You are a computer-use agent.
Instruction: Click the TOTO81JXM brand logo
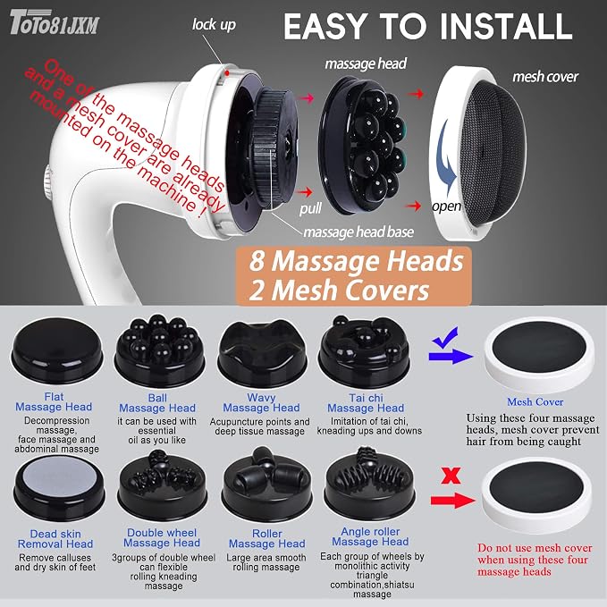tap(55, 22)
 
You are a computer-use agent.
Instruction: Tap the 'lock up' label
tap(214, 25)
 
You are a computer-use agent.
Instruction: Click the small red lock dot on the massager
tap(227, 72)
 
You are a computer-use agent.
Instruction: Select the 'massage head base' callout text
tap(358, 232)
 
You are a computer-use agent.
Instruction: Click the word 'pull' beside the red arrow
tap(310, 208)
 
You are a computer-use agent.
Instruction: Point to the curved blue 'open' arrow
tap(446, 159)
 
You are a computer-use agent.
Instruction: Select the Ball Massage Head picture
tap(160, 350)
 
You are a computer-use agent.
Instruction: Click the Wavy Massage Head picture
tap(263, 353)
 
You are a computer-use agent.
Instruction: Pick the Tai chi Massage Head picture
tap(364, 351)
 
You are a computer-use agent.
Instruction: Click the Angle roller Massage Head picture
tap(370, 485)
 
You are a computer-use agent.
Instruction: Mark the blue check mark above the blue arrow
tap(445, 338)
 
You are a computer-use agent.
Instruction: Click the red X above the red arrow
tap(451, 476)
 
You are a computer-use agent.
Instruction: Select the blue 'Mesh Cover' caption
tap(535, 401)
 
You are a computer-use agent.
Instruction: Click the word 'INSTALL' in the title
tap(506, 26)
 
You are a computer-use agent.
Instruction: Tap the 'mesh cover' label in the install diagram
tap(545, 77)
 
